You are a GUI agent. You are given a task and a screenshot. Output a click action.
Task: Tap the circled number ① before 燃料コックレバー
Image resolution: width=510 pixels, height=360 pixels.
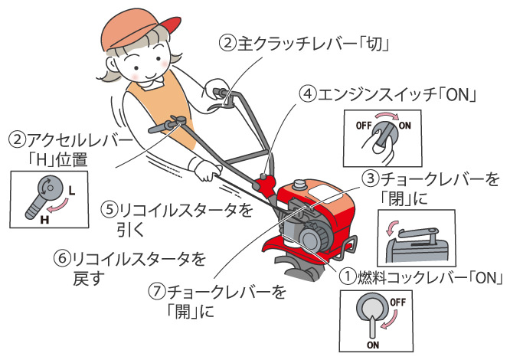pos(348,278)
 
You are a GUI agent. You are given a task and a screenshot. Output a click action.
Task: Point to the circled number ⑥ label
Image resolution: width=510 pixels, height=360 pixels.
pos(62,259)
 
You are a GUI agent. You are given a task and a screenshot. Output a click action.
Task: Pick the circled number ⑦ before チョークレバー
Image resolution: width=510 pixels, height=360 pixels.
pos(157,291)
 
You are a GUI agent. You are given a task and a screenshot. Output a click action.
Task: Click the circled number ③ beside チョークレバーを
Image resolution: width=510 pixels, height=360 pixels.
pos(371,178)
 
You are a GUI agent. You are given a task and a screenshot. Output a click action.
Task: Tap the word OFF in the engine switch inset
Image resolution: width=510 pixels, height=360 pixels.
pos(364,126)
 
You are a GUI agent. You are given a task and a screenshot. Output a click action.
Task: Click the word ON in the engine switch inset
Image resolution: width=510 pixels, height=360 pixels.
pos(404,126)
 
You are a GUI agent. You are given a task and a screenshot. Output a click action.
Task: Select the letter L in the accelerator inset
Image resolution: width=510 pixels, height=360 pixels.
pos(72,191)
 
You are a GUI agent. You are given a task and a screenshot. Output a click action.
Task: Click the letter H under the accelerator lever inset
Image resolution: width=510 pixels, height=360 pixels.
pos(44,220)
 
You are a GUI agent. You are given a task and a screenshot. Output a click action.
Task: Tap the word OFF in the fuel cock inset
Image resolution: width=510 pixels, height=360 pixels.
pos(397,302)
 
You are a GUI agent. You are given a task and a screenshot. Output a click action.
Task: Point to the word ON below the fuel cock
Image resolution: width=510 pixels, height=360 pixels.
pos(373,345)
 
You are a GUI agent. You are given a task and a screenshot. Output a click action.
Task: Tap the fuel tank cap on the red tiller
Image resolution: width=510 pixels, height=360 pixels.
pos(299,185)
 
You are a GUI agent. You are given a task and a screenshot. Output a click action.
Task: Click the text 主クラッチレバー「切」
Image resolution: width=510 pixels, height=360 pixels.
pos(313,44)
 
